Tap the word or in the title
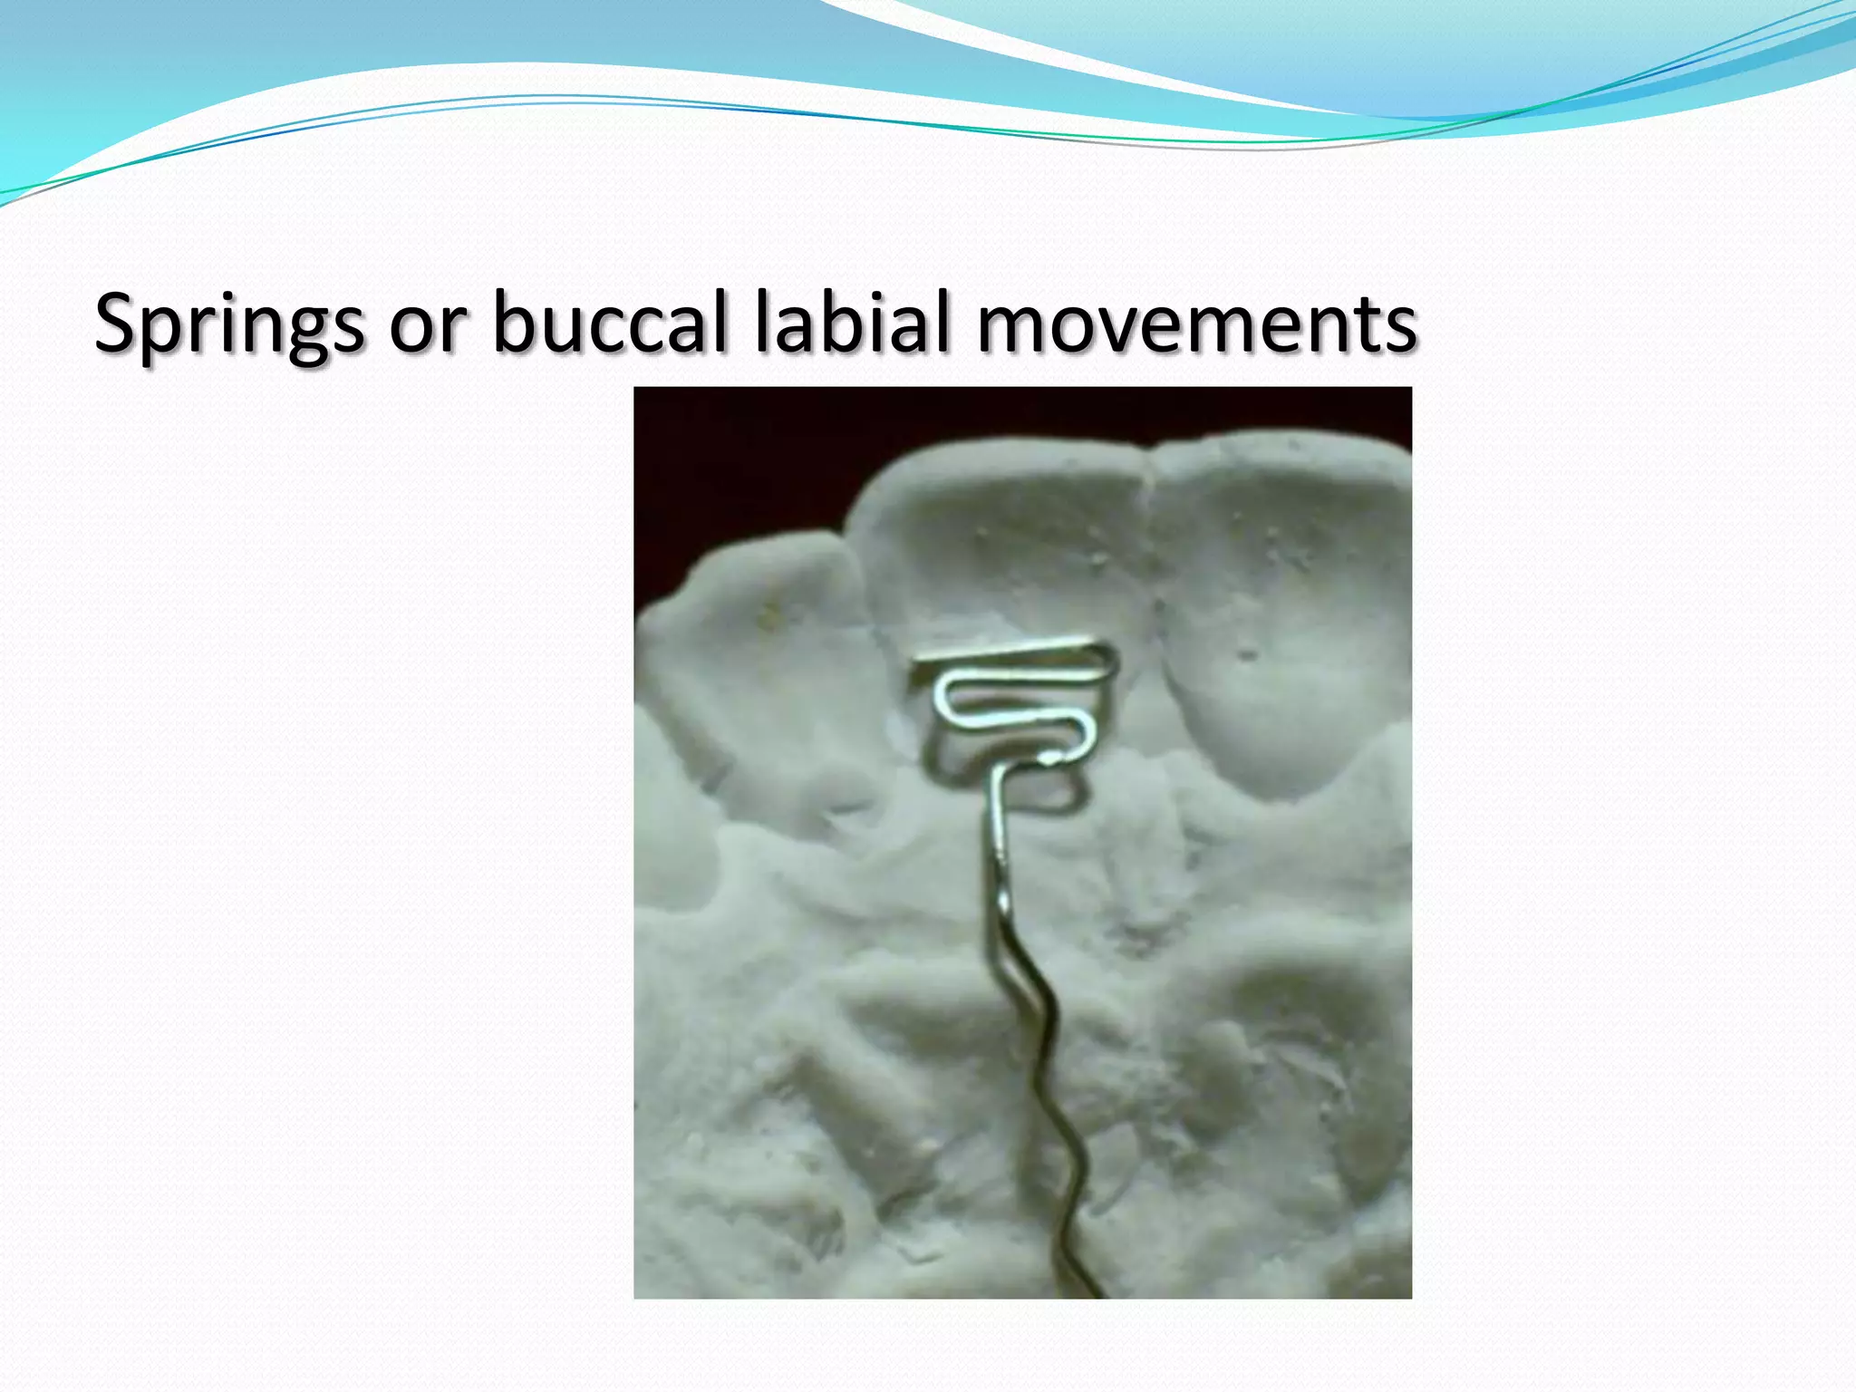[x=428, y=324]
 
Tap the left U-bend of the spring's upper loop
[x=942, y=694]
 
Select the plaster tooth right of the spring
[x=1278, y=616]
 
